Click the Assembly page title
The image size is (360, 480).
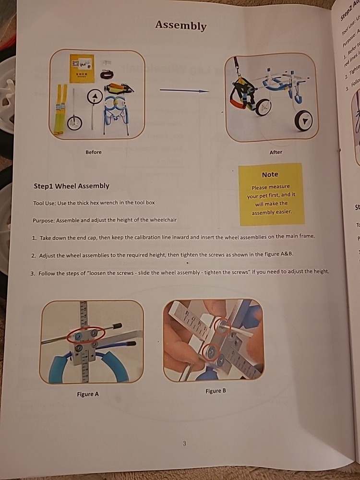180,26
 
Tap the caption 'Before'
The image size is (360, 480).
94,152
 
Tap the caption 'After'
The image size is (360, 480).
276,152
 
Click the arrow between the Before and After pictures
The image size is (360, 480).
184,90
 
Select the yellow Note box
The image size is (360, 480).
272,194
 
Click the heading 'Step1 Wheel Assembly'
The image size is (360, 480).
72,186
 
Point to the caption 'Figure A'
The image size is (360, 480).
88,394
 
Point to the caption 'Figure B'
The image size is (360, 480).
216,391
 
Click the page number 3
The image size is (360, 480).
184,443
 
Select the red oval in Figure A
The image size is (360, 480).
85,335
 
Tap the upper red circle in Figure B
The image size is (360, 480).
222,327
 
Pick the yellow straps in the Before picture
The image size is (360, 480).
60,108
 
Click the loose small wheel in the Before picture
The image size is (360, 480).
74,123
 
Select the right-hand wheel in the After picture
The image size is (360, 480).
303,120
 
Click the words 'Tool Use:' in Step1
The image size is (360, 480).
44,203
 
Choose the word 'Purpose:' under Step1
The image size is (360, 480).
44,220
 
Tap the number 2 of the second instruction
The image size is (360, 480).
34,255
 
